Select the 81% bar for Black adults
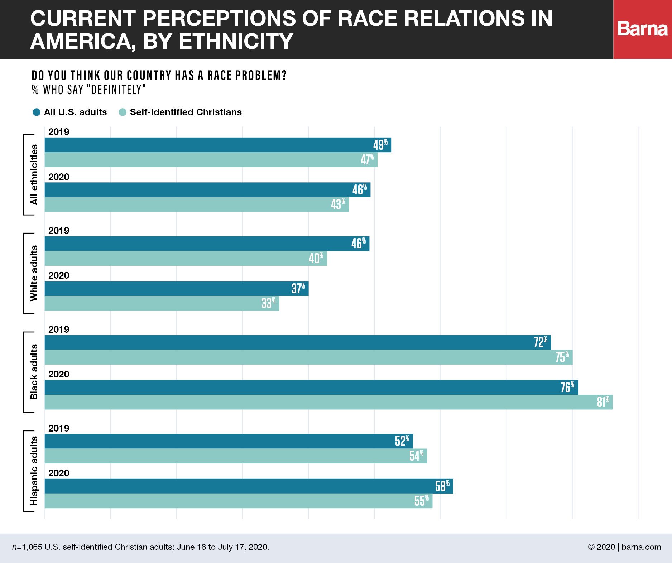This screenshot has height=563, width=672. point(328,402)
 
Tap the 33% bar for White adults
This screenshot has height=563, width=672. point(162,303)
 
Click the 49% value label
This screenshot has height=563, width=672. point(380,145)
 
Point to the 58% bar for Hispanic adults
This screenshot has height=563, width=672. point(249,486)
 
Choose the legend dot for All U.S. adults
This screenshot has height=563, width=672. point(37,112)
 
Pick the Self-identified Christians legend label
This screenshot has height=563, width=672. point(186,112)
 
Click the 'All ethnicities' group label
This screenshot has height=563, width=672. point(34,175)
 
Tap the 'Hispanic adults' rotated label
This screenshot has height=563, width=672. point(34,471)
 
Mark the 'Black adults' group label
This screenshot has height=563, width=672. point(34,372)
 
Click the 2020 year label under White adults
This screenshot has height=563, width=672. point(59,275)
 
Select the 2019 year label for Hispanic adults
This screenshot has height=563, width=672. point(59,428)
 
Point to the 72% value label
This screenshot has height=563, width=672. point(540,342)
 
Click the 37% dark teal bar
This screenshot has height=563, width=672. point(176,288)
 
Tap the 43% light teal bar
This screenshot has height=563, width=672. point(196,204)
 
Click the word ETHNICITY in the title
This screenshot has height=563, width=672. point(236,41)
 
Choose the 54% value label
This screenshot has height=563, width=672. point(416,456)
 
